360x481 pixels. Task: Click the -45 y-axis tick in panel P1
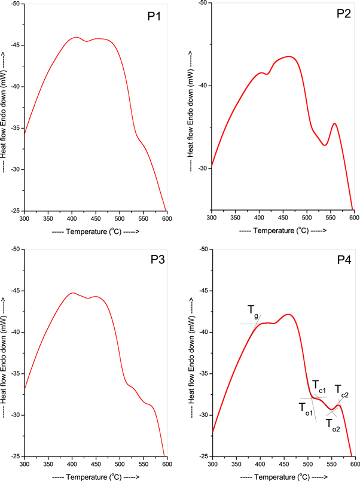15,45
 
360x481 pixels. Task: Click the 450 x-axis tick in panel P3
96,464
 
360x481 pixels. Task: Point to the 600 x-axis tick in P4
354,464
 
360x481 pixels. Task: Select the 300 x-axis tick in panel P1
25,219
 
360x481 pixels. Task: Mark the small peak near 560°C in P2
335,124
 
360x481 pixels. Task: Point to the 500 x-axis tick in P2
307,219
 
